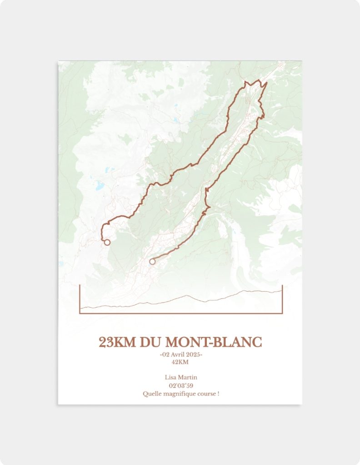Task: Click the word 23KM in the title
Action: pyautogui.click(x=117, y=342)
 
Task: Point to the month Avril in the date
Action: pyautogui.click(x=179, y=355)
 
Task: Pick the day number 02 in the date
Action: pyautogui.click(x=166, y=355)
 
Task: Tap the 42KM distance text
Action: pyautogui.click(x=180, y=362)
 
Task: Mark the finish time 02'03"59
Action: pyautogui.click(x=180, y=386)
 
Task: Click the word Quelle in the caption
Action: pyautogui.click(x=151, y=394)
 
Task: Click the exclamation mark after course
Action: pyautogui.click(x=218, y=394)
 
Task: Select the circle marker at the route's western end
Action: pyautogui.click(x=107, y=242)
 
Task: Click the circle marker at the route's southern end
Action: pyautogui.click(x=152, y=262)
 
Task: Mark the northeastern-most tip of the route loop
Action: pyautogui.click(x=266, y=83)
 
